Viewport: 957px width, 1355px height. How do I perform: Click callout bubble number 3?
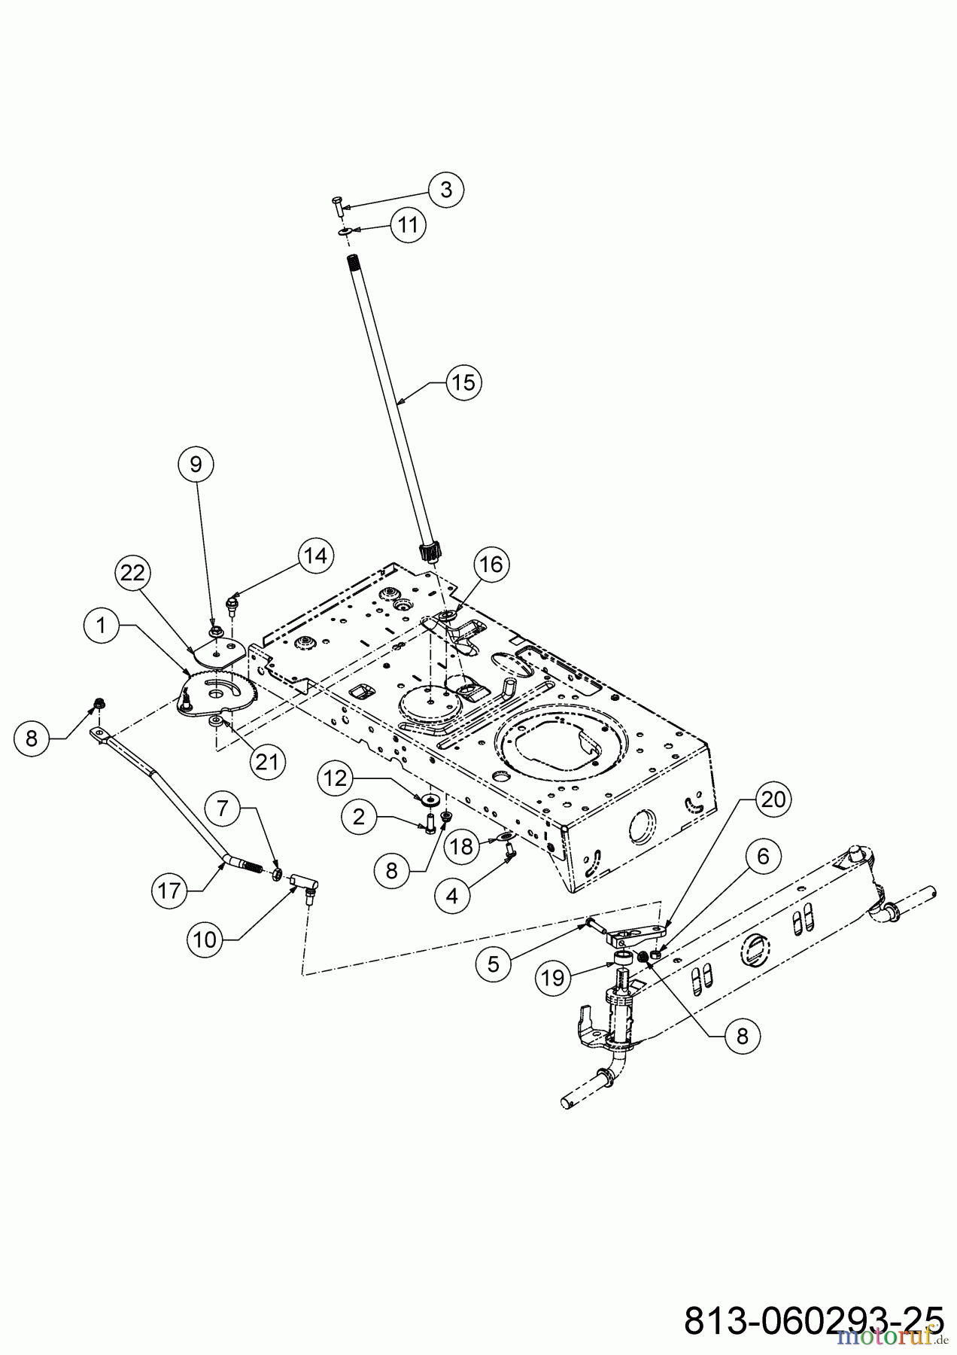click(x=446, y=190)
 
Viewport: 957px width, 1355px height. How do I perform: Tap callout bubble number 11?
click(x=408, y=225)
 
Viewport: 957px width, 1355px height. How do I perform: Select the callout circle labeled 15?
click(x=463, y=382)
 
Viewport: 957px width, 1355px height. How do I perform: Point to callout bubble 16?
click(x=491, y=564)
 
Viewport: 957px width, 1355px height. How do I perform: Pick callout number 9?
click(x=196, y=464)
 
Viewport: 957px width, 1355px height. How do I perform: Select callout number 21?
click(x=267, y=762)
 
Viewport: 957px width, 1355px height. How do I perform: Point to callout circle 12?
click(x=335, y=778)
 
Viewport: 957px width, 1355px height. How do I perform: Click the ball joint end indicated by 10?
click(x=305, y=882)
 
